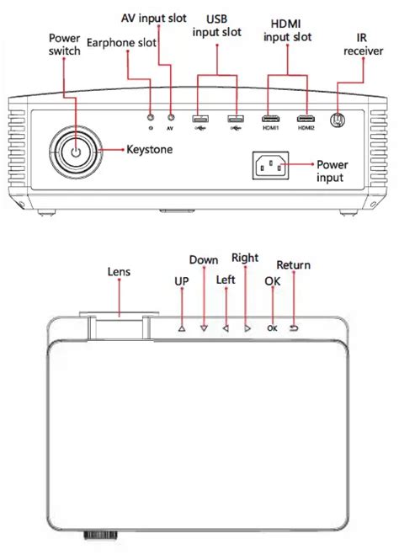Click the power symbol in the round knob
click(76, 152)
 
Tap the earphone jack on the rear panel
click(151, 118)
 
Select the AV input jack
click(171, 118)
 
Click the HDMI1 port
click(270, 119)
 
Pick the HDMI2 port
click(306, 119)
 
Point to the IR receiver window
click(338, 120)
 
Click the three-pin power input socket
click(270, 165)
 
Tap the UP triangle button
click(182, 328)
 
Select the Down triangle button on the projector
click(204, 328)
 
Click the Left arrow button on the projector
click(226, 328)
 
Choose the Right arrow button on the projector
click(247, 328)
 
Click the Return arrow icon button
click(294, 328)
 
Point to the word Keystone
click(150, 149)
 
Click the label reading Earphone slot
click(121, 43)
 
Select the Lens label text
click(119, 272)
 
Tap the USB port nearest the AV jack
click(200, 118)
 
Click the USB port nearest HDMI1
click(236, 118)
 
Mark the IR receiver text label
click(363, 45)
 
